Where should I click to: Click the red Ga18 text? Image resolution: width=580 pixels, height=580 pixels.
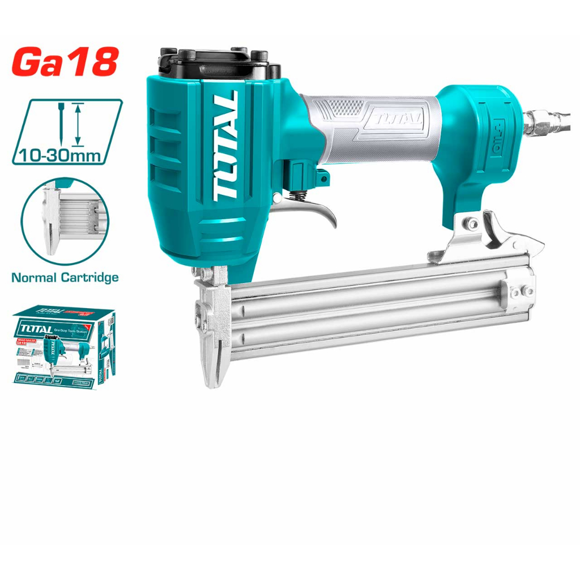65,63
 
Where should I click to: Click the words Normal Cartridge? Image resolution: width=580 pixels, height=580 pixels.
65,278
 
